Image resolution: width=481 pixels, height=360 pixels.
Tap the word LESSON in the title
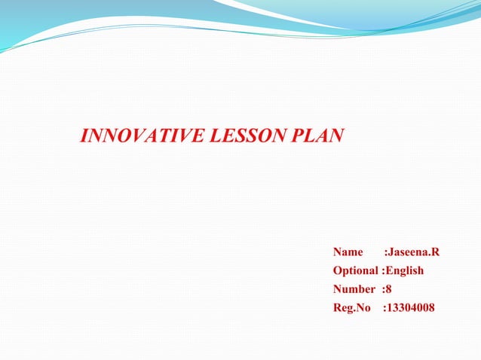click(237, 136)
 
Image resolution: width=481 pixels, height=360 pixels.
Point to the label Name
click(348, 252)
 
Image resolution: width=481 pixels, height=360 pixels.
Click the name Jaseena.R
click(413, 252)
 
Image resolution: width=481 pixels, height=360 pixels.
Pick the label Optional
click(357, 270)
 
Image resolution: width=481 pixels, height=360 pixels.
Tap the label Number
click(354, 289)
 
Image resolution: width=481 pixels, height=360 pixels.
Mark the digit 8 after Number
click(388, 289)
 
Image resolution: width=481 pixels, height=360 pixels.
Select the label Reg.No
click(352, 307)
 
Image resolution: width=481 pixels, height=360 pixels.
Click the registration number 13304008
click(411, 307)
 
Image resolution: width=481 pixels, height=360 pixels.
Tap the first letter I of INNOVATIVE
click(83, 136)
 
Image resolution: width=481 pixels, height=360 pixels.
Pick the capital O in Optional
click(338, 270)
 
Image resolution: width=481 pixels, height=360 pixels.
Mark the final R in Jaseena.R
click(435, 252)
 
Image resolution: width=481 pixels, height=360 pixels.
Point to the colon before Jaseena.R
click(385, 252)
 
